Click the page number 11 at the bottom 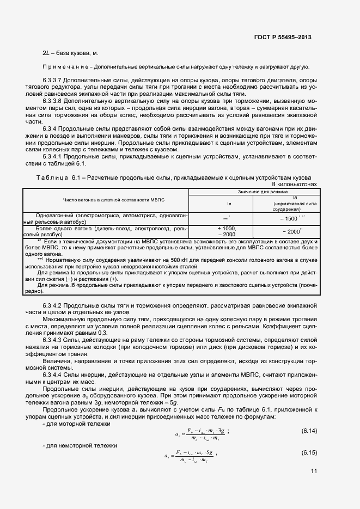pyautogui.click(x=314, y=471)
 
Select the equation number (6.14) pyautogui.click(x=309, y=431)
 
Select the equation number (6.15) pyautogui.click(x=309, y=453)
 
